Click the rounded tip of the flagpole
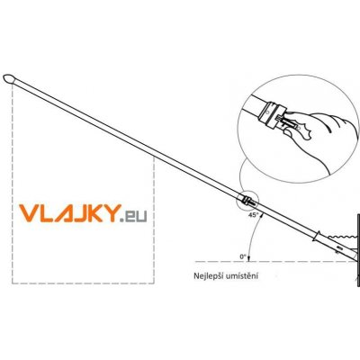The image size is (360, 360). [x=8, y=78]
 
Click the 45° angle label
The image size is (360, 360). [x=254, y=214]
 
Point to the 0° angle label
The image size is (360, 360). [x=243, y=256]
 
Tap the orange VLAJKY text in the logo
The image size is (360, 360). [x=70, y=213]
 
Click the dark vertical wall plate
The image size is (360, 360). [x=358, y=250]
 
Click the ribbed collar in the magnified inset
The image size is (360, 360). [x=271, y=115]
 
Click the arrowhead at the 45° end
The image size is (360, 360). [x=261, y=214]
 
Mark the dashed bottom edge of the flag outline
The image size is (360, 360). [x=83, y=283]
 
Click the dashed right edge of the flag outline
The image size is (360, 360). [x=154, y=220]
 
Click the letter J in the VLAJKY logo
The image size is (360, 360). [x=74, y=213]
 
